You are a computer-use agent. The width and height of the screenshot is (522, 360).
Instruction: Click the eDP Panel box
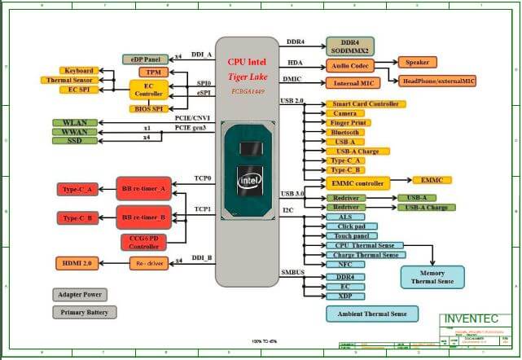click(x=144, y=59)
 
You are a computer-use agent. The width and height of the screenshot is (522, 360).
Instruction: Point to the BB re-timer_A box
click(x=143, y=188)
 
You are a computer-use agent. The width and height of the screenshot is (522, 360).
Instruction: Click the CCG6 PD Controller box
click(x=143, y=241)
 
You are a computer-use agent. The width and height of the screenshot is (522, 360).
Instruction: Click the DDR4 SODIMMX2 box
click(x=350, y=46)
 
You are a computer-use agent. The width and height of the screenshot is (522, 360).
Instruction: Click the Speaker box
click(x=418, y=62)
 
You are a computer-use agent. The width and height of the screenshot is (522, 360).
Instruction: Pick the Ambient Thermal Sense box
click(x=371, y=314)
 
